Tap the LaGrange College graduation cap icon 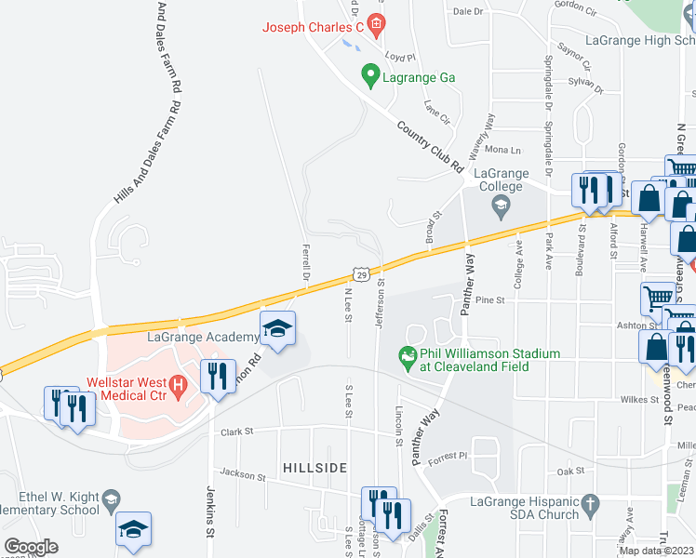coord(501,205)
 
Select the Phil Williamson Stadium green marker coord(406,355)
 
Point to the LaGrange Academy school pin coord(276,329)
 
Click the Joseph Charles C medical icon coord(376,25)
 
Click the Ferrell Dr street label coord(305,262)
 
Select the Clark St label coord(238,432)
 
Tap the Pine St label coord(489,300)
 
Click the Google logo coord(31,547)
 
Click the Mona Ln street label coord(502,150)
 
